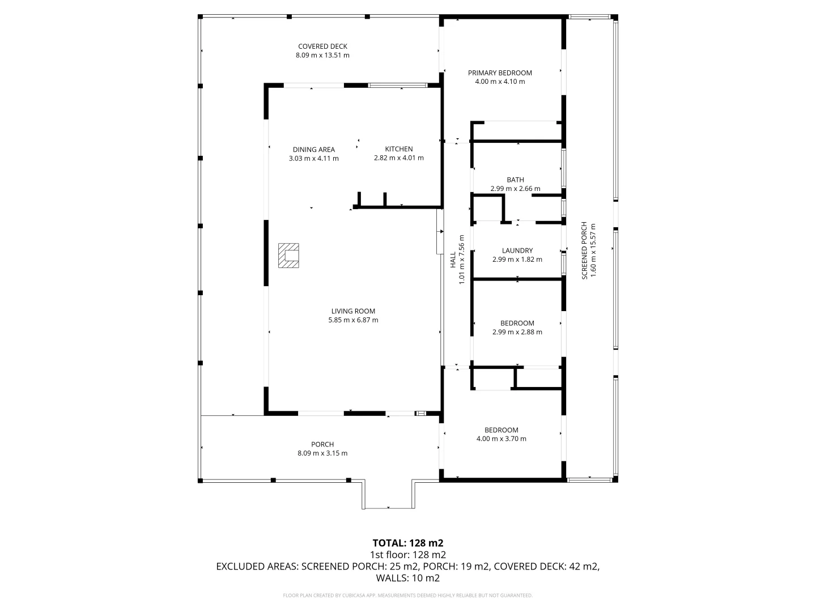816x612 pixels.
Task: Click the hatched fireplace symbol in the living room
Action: click(x=288, y=256)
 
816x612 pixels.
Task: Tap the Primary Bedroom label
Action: click(x=500, y=73)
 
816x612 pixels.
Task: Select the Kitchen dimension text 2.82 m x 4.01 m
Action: click(x=398, y=158)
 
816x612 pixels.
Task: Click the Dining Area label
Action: click(x=313, y=150)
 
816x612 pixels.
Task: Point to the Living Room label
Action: click(x=353, y=311)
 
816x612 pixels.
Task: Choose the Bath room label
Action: click(x=515, y=180)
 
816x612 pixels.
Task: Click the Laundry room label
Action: click(x=517, y=250)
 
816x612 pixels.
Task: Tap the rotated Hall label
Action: click(x=453, y=260)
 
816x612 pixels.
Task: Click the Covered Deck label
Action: click(x=322, y=46)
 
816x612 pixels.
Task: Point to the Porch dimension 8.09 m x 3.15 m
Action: click(x=322, y=453)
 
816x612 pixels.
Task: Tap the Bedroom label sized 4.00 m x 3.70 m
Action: click(x=501, y=430)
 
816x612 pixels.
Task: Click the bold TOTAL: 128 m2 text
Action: click(x=407, y=543)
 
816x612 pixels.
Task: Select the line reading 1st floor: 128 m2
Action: click(x=407, y=555)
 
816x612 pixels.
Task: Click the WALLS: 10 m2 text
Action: click(x=407, y=578)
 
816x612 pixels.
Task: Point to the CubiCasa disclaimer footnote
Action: click(x=407, y=596)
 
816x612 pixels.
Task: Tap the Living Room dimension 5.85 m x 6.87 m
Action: click(x=353, y=320)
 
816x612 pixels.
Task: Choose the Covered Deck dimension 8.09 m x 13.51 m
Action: click(x=322, y=56)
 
